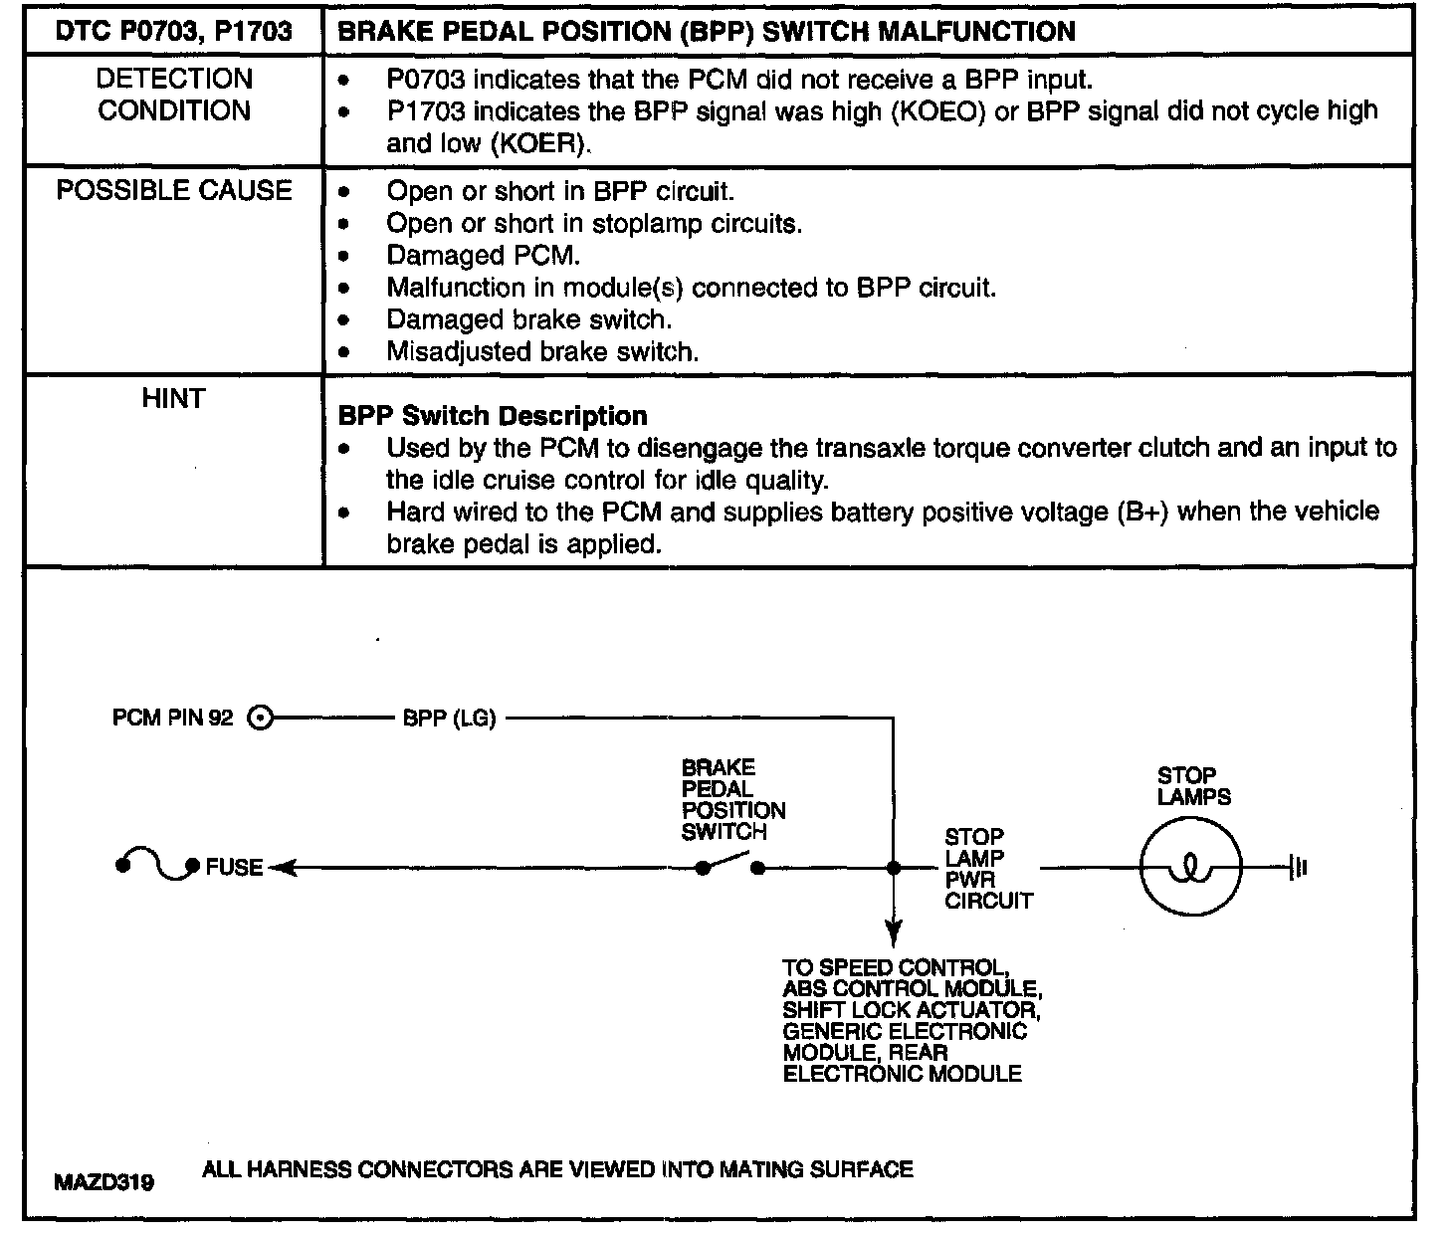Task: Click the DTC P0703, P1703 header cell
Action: click(173, 31)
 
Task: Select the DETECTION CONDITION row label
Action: click(174, 95)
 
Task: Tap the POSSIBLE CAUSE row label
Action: click(174, 190)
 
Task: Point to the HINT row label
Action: click(173, 399)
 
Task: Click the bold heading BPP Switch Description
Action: click(493, 416)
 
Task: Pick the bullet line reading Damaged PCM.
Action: click(483, 256)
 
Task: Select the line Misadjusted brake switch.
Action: click(542, 351)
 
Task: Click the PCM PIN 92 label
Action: click(173, 718)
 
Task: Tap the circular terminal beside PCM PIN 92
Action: click(259, 718)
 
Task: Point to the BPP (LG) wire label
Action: click(449, 718)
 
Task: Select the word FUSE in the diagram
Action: click(235, 868)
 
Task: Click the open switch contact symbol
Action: click(730, 864)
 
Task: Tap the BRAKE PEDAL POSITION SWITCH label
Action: click(732, 799)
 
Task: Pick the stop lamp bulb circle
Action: click(1190, 869)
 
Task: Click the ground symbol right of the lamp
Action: click(1298, 869)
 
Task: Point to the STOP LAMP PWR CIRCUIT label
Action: click(987, 869)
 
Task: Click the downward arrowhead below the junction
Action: click(894, 934)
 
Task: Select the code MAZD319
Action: click(104, 1183)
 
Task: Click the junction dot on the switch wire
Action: click(894, 868)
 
